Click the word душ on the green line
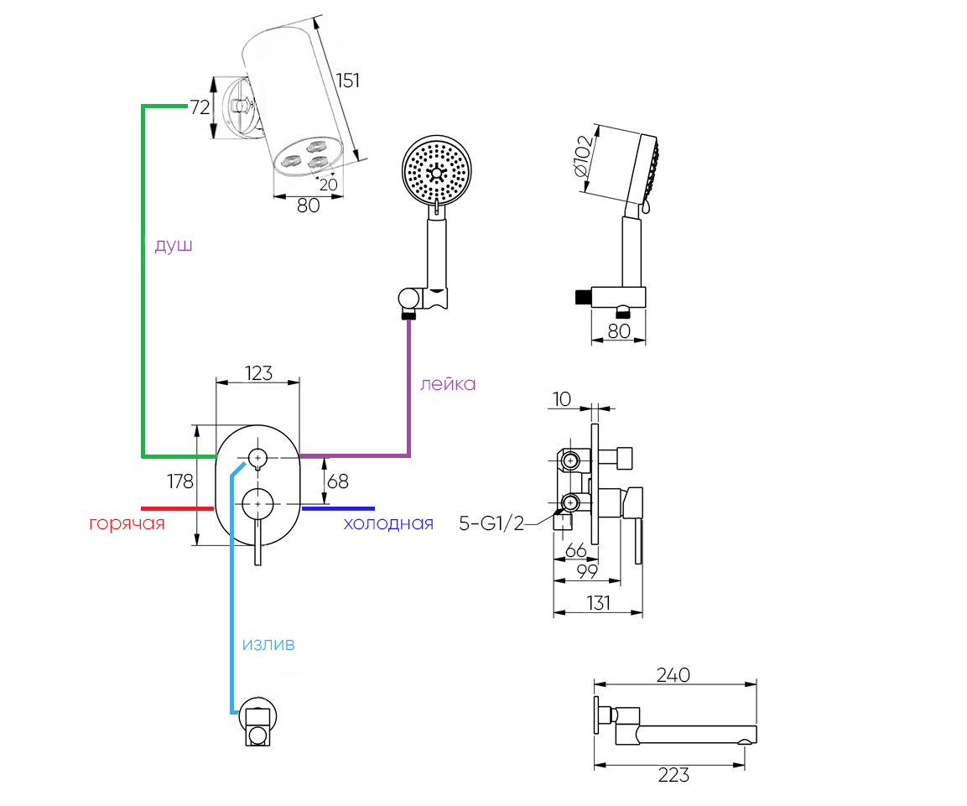click(174, 246)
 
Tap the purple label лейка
click(448, 384)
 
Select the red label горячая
click(127, 524)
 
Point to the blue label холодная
click(388, 524)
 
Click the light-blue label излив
click(268, 644)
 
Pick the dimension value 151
click(347, 81)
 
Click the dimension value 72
click(199, 107)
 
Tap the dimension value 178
click(179, 481)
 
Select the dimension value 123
click(259, 373)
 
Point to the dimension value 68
click(338, 481)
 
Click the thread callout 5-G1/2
click(491, 524)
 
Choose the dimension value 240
click(673, 675)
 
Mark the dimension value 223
click(673, 775)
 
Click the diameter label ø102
click(585, 156)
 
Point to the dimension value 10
click(562, 399)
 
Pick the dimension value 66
click(575, 550)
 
